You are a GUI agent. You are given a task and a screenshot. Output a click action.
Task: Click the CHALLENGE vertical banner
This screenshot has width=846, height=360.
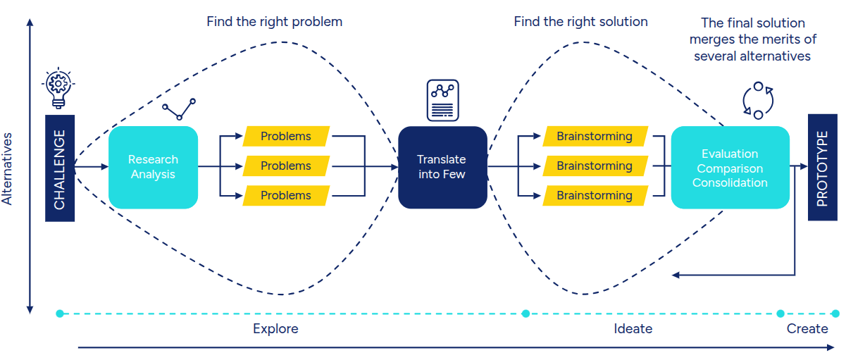(60, 168)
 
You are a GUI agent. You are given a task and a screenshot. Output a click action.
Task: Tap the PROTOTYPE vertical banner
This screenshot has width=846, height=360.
(823, 168)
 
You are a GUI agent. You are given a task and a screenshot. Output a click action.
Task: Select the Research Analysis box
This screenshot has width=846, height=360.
(153, 167)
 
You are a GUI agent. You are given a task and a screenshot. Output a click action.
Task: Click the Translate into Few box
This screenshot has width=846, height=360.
(442, 167)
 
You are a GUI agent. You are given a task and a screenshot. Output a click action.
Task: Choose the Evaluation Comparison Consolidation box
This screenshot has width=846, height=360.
(730, 168)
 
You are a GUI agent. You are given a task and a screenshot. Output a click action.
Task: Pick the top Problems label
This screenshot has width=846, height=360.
(286, 136)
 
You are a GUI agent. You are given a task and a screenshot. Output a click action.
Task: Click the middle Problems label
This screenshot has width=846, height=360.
(286, 166)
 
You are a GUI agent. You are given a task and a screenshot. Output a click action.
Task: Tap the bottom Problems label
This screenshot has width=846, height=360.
(286, 195)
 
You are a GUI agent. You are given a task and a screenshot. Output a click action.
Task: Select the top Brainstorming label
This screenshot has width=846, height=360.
(595, 136)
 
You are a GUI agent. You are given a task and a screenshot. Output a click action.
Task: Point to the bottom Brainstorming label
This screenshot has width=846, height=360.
(595, 195)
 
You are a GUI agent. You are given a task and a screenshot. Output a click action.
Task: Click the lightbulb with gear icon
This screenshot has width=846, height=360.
(58, 88)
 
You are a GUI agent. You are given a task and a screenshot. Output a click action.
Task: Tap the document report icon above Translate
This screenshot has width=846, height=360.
(442, 100)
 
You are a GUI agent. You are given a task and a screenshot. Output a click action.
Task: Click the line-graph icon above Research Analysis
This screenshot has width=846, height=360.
(179, 109)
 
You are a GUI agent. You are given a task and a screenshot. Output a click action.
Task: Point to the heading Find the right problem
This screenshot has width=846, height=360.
(275, 22)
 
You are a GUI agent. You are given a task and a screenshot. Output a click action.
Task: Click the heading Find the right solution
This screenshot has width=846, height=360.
(581, 22)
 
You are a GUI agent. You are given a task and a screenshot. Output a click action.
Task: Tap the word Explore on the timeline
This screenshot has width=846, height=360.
(275, 328)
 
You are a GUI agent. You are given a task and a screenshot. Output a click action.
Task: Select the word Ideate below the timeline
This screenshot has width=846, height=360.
(633, 328)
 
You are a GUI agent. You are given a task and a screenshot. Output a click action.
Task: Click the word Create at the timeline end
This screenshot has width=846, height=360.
(807, 328)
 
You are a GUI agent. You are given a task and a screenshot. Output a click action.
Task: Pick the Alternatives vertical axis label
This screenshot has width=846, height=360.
(7, 169)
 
